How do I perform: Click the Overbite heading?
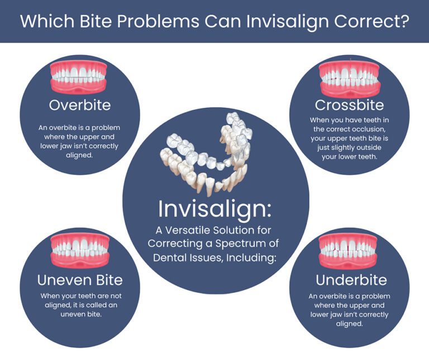coord(79,105)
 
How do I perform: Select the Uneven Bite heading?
coord(79,279)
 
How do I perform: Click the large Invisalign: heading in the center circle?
coord(215,209)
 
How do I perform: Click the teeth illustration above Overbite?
coord(79,76)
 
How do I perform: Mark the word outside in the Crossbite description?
coord(374,148)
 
